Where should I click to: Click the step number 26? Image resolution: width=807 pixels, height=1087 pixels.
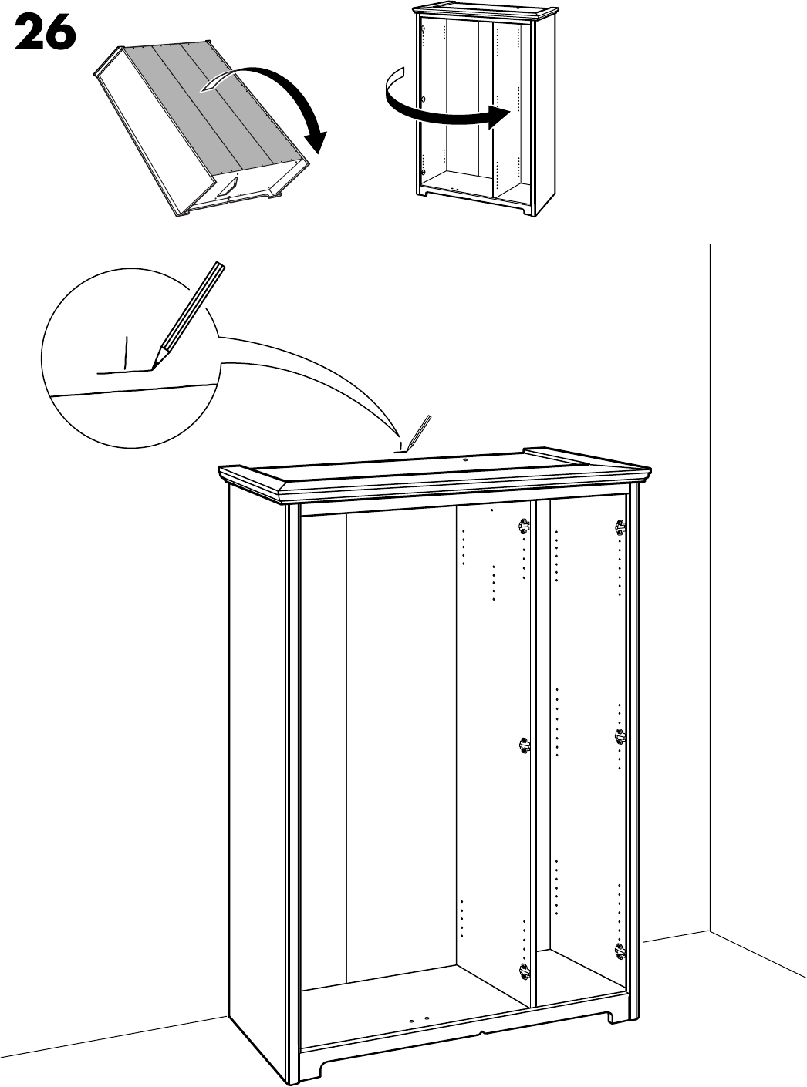[44, 33]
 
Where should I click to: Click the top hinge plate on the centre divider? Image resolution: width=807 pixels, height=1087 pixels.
[525, 527]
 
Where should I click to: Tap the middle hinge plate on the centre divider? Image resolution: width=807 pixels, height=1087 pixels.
[525, 745]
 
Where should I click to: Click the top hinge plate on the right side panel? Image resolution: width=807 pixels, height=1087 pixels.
[619, 527]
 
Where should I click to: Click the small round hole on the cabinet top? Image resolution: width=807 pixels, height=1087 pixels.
[466, 459]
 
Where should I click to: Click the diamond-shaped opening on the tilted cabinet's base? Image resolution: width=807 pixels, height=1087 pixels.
[228, 187]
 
